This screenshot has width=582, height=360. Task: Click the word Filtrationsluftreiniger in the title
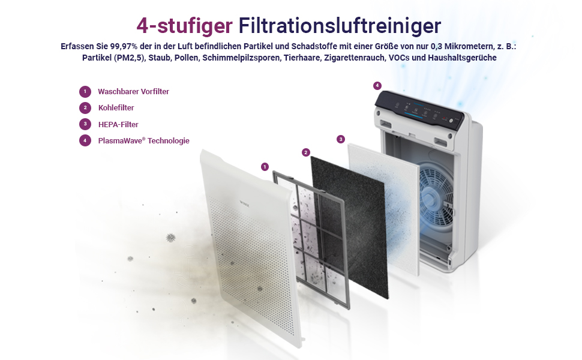tap(340, 26)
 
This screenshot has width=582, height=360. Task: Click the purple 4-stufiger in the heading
tap(184, 26)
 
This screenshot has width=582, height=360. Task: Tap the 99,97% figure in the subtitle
tap(124, 46)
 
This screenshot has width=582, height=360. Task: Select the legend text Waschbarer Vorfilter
tap(133, 92)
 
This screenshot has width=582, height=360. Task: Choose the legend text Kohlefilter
tap(116, 108)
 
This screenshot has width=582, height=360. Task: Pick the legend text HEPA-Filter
tap(118, 124)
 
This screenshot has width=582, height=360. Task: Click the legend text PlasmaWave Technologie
tap(143, 140)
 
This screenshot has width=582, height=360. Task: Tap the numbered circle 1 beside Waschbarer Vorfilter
tap(85, 92)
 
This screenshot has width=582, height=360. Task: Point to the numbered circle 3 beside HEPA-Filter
tap(85, 124)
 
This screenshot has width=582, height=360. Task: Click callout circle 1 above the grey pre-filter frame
tap(265, 167)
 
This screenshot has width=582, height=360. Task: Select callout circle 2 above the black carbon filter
tap(306, 152)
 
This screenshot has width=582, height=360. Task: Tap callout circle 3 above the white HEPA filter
tap(341, 139)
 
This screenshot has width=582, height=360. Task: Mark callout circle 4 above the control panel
tap(377, 86)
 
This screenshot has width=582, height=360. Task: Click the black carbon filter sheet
tap(349, 226)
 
